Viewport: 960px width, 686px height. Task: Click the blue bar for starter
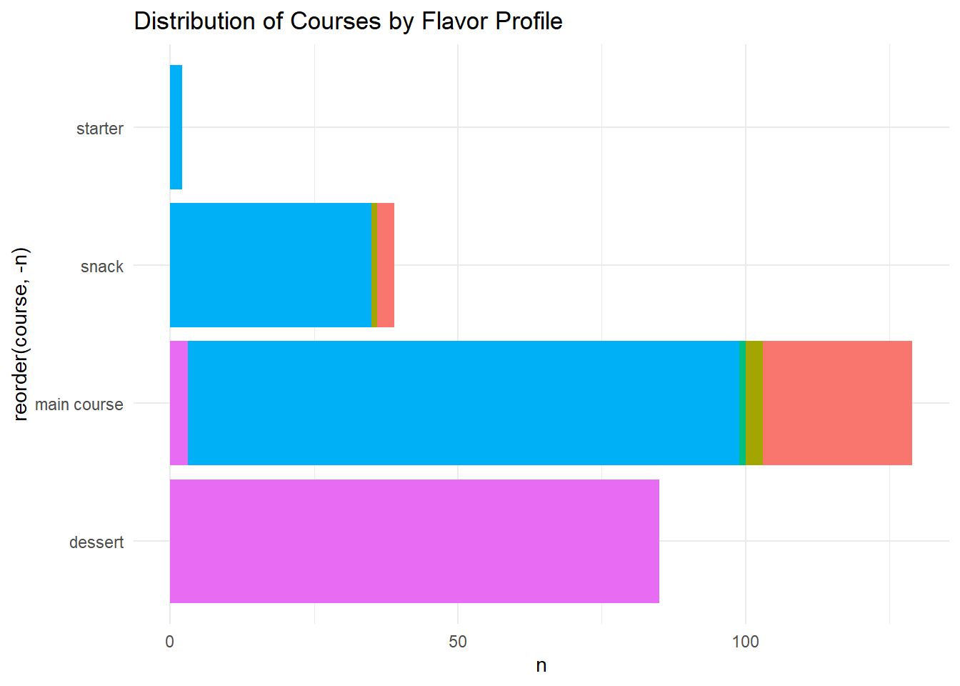(176, 127)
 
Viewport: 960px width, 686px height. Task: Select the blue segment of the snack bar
(270, 265)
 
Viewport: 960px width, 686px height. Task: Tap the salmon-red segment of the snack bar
(386, 265)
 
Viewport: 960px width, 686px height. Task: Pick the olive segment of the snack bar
(374, 265)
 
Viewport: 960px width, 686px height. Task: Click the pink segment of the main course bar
(179, 403)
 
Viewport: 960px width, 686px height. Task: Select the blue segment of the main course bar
(463, 403)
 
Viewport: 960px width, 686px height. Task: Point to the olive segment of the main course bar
(754, 403)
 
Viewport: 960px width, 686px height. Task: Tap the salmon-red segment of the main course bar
(837, 403)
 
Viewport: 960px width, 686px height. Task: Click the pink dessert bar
(414, 541)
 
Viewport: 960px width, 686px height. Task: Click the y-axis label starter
(100, 129)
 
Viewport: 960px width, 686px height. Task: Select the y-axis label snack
(102, 267)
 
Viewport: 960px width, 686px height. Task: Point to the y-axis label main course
(79, 404)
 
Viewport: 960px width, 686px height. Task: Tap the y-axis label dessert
(96, 542)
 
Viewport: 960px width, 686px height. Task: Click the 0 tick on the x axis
(170, 642)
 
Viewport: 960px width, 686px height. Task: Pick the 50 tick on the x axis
(458, 642)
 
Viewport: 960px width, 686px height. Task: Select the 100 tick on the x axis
(746, 642)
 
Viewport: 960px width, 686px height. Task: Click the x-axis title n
(541, 666)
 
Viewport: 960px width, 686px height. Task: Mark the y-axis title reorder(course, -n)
(21, 334)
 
